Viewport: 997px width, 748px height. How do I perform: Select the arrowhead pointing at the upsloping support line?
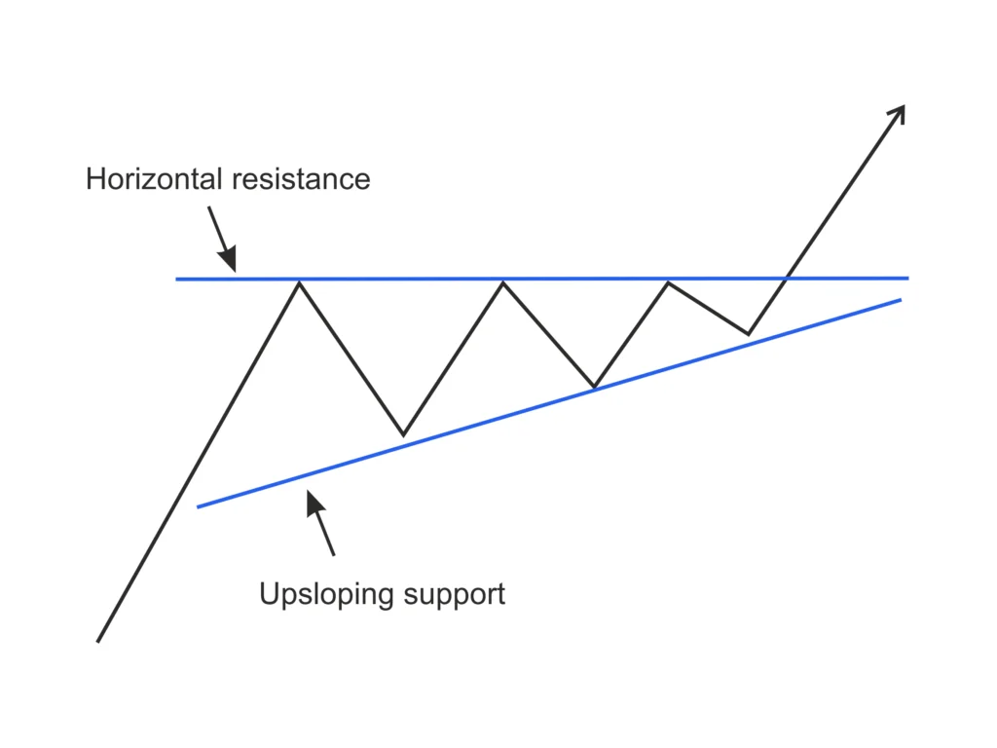point(313,501)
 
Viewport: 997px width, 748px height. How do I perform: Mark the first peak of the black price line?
point(299,281)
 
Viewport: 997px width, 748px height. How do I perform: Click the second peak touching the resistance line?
point(503,281)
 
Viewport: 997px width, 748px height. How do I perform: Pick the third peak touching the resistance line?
point(668,281)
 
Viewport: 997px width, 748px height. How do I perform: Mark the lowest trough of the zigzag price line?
point(403,434)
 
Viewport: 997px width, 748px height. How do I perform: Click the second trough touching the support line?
point(594,387)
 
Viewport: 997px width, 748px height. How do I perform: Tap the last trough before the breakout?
point(748,334)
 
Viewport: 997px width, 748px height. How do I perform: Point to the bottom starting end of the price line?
point(98,641)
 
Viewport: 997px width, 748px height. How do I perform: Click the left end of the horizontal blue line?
point(177,280)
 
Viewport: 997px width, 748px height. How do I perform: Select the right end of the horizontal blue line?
point(907,278)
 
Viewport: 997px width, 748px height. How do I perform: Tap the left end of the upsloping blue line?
point(198,506)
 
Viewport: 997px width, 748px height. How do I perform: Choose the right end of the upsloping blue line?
point(901,299)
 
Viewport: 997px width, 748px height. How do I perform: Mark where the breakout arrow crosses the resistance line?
point(786,279)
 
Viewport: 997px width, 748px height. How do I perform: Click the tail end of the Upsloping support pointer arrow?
point(334,555)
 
